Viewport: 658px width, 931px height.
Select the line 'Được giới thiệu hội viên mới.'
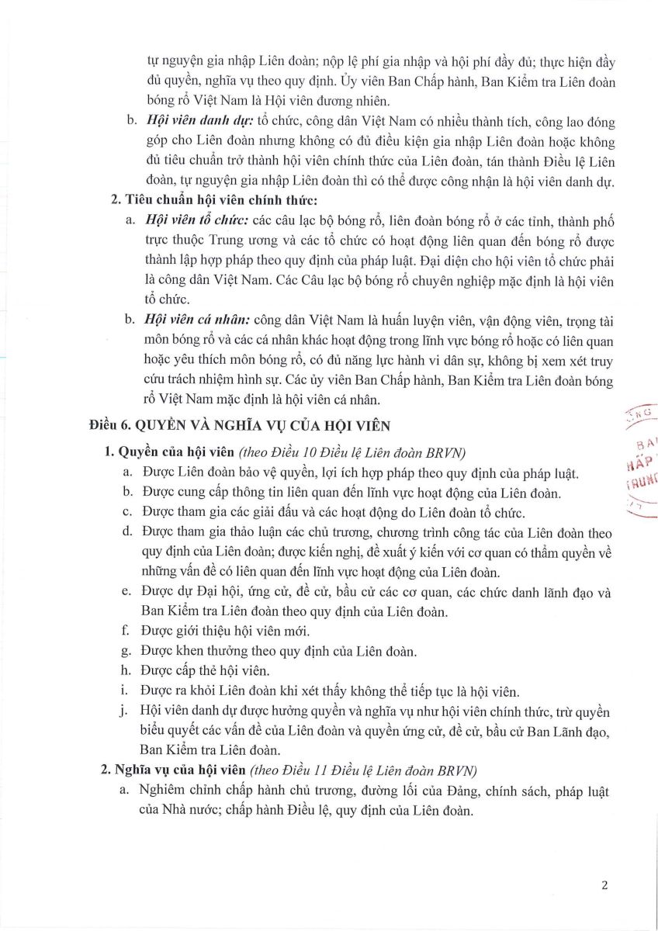click(x=237, y=630)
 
